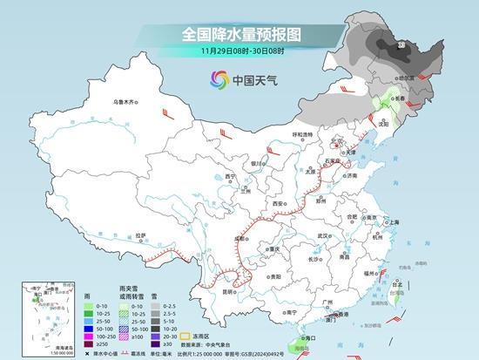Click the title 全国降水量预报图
pyautogui.click(x=239, y=35)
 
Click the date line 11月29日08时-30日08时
pyautogui.click(x=239, y=52)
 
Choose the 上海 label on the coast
pyautogui.click(x=394, y=222)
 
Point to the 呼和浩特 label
pyautogui.click(x=302, y=133)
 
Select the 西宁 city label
pyautogui.click(x=230, y=177)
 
